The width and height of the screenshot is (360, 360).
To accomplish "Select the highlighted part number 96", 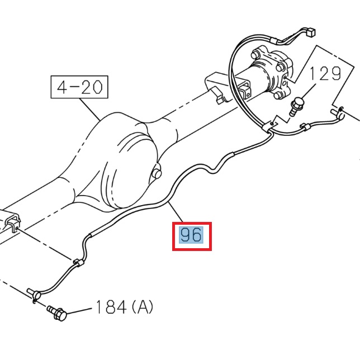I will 191,236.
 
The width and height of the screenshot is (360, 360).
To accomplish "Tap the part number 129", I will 326,74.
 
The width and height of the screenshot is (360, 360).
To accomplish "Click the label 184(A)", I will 124,307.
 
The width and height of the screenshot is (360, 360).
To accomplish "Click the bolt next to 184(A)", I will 57,313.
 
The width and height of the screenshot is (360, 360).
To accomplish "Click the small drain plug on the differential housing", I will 157,174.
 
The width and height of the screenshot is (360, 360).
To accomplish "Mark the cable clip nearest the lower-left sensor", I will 78,262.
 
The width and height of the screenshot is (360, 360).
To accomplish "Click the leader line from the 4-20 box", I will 89,109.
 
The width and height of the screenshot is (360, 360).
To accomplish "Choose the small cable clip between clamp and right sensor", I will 305,127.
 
